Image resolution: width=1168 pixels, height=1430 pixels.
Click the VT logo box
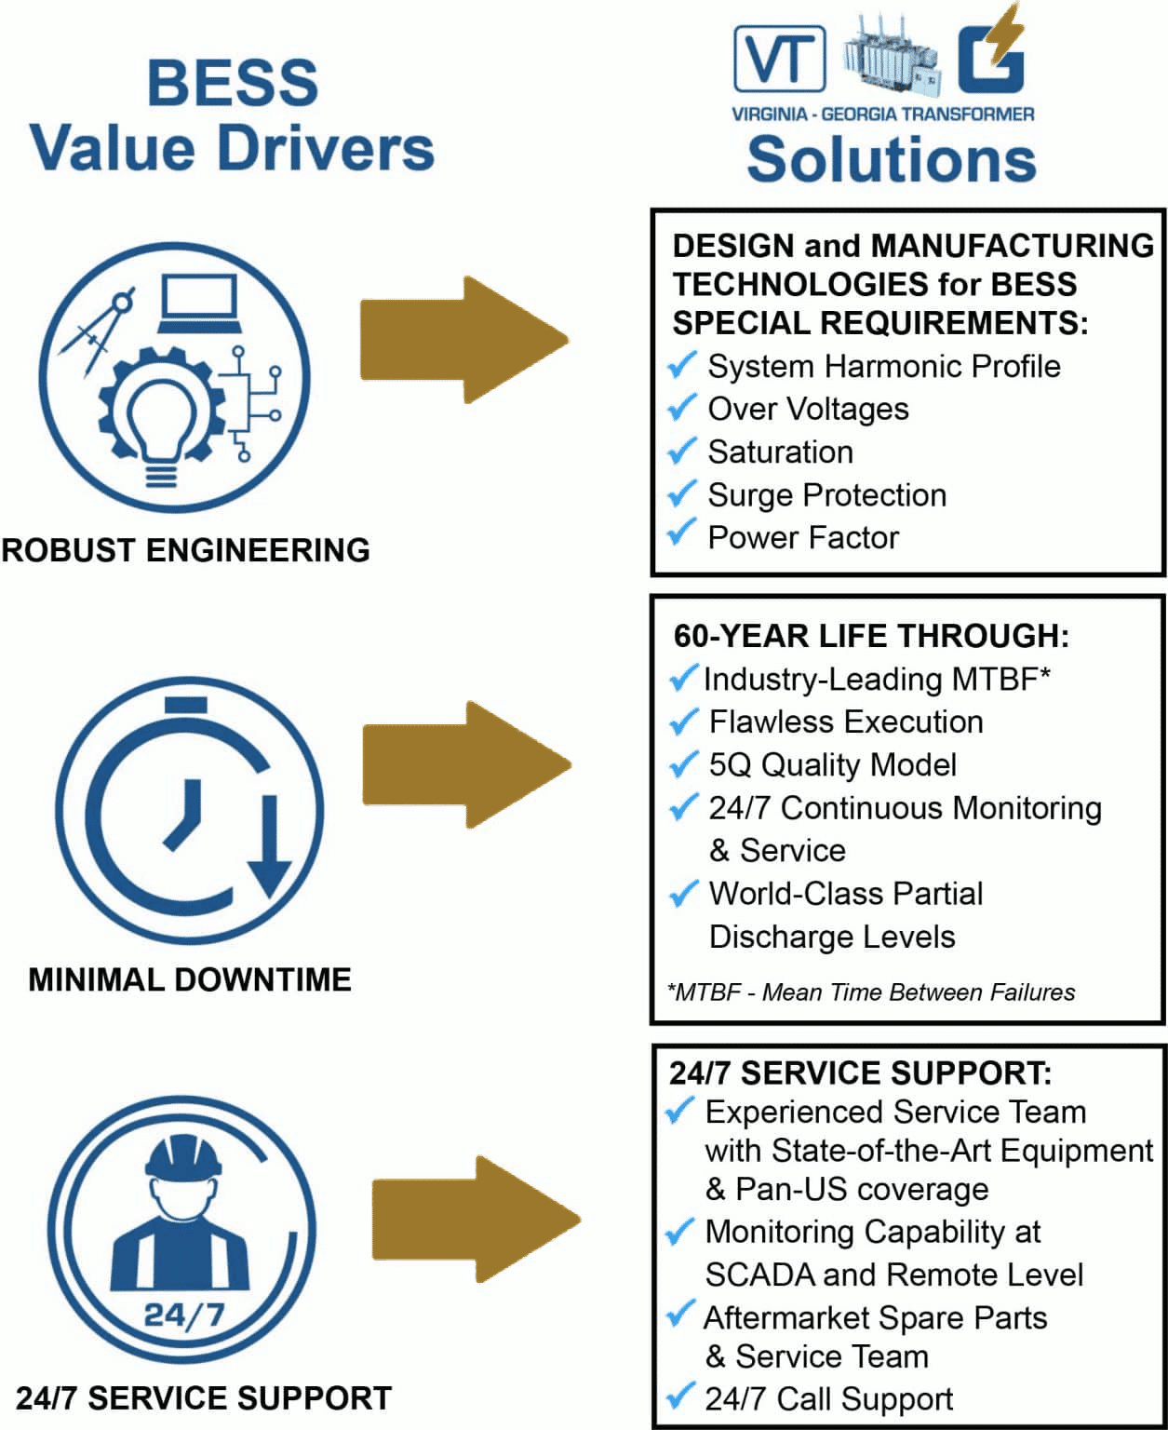tap(780, 59)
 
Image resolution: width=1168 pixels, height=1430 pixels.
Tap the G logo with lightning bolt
tap(991, 56)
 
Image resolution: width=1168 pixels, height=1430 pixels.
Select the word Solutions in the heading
tap(891, 159)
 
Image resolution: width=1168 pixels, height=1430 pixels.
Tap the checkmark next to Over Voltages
tap(682, 408)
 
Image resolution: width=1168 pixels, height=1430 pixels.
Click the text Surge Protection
tap(826, 494)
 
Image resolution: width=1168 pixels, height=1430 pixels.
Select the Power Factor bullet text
tap(803, 537)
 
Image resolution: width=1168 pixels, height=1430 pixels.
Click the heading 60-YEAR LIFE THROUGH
tap(871, 636)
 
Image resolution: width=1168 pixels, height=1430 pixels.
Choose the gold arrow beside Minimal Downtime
tap(465, 764)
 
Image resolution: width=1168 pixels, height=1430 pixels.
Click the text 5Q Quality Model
tap(832, 764)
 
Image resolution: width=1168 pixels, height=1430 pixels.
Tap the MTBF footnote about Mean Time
tap(871, 992)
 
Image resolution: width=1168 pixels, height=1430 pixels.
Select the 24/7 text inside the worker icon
tap(183, 1315)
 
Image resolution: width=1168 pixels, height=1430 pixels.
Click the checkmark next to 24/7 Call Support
tap(680, 1396)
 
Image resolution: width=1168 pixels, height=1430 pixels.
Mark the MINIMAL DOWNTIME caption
tap(190, 979)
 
